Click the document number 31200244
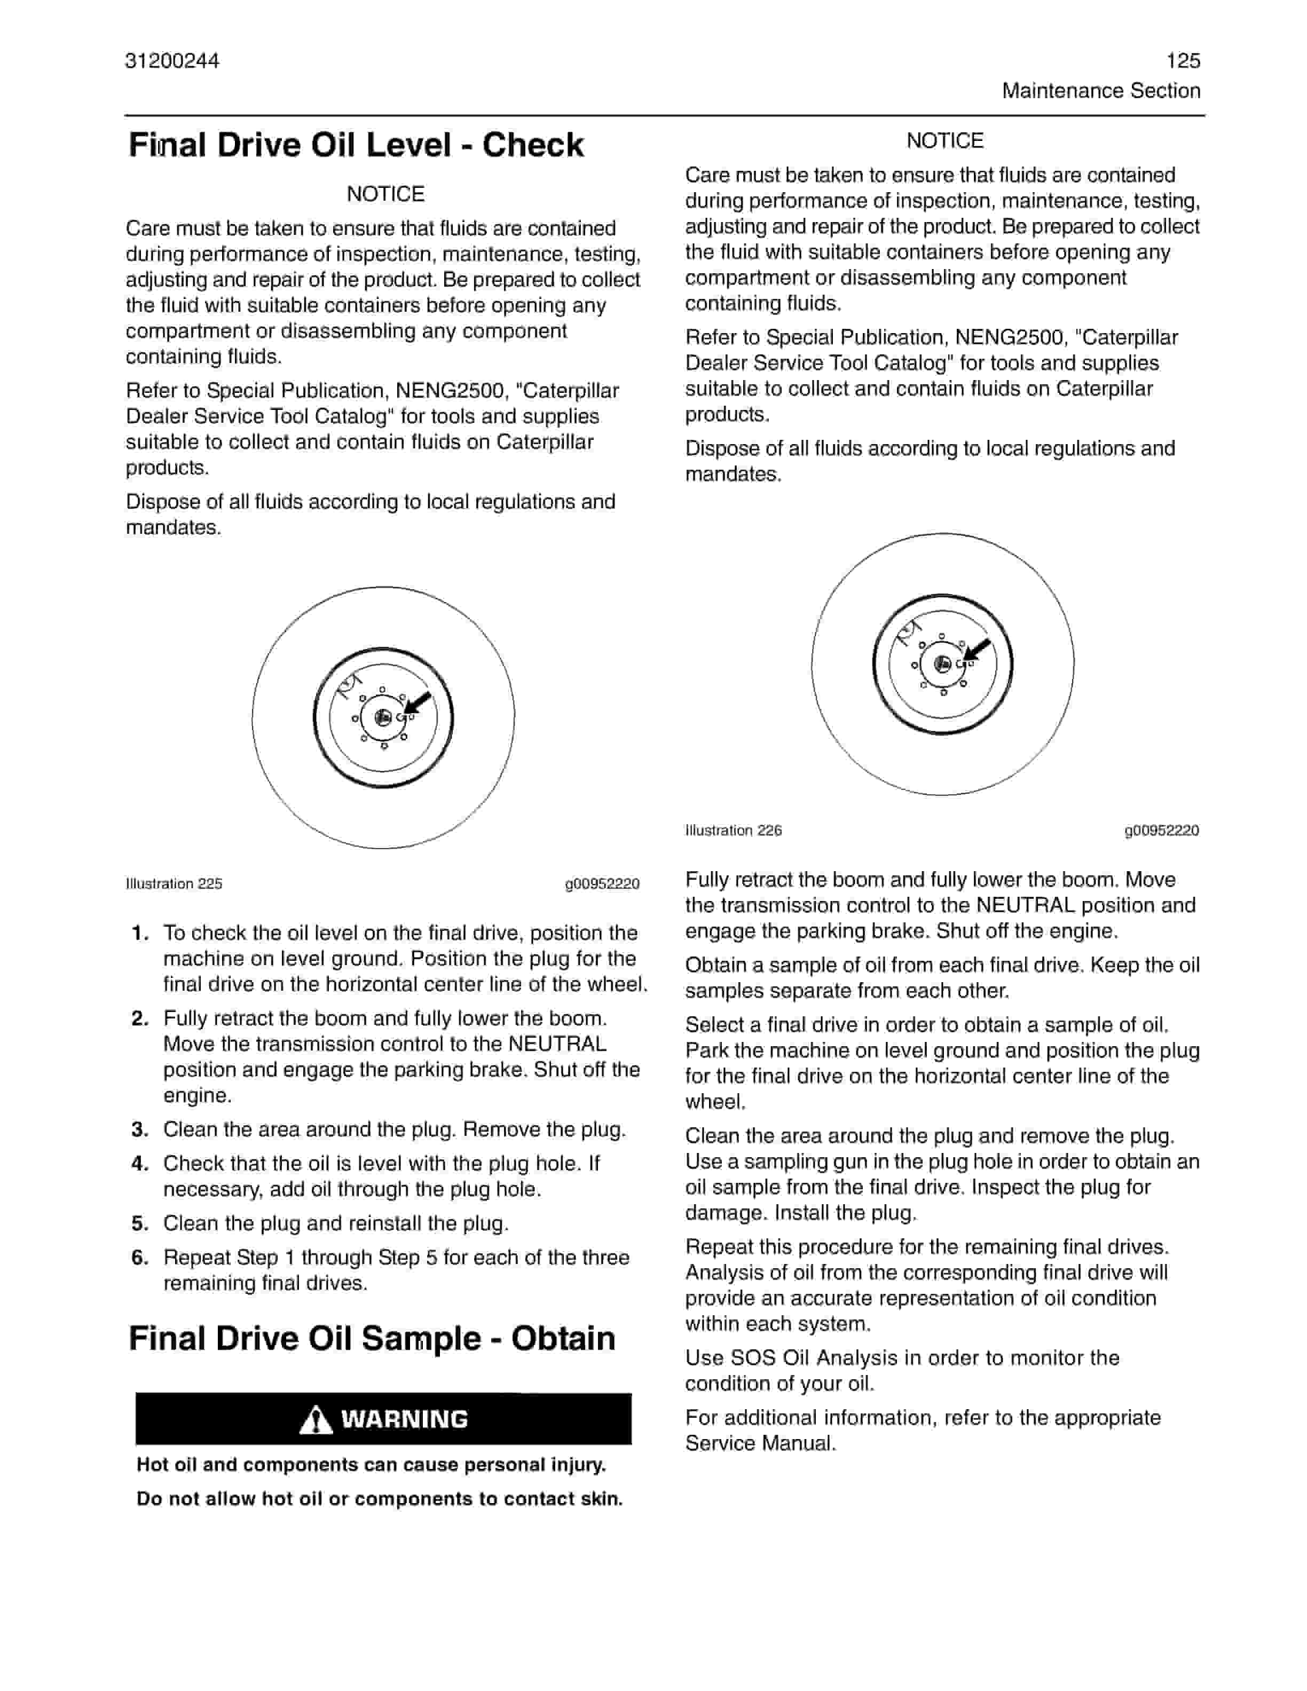172,61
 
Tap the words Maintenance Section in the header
1100,91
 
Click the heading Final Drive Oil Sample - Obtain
372,1338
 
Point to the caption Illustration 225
174,883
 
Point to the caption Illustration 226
733,830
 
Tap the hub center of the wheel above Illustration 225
382,718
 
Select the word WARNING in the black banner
404,1419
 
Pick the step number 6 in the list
139,1258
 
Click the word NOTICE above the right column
944,140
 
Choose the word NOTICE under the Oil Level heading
385,194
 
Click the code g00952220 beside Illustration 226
1161,830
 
